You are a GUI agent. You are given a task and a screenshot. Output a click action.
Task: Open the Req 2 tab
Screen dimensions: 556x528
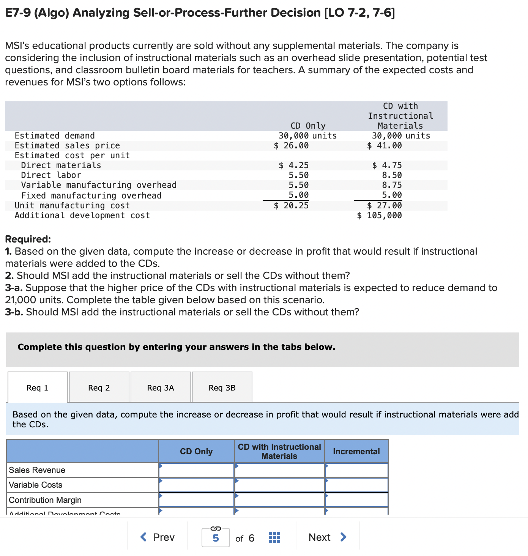point(99,387)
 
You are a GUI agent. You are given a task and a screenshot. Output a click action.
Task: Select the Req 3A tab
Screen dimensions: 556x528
point(161,387)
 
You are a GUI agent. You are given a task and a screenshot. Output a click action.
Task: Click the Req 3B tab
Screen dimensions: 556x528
point(222,387)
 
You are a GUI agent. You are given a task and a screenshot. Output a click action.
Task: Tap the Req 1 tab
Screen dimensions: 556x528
point(38,387)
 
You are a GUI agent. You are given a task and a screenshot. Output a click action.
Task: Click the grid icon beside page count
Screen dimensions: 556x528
point(274,538)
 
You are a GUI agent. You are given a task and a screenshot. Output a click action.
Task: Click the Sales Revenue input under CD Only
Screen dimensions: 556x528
point(196,470)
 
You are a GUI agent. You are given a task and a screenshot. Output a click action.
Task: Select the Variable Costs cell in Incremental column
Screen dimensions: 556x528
point(356,485)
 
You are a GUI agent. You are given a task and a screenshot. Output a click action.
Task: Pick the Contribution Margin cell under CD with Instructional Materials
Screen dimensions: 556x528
point(279,500)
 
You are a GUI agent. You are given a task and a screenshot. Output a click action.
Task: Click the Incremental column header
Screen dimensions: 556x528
point(356,451)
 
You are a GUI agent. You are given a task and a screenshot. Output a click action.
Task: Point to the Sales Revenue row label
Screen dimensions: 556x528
point(37,470)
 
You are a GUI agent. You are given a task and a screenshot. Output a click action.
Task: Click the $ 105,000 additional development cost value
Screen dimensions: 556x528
point(379,216)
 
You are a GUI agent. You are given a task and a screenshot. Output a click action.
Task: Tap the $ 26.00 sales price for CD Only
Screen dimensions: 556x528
point(291,146)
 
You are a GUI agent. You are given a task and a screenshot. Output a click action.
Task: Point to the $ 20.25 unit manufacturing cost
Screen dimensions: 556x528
point(291,206)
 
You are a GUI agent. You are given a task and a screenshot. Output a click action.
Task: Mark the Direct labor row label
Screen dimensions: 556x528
point(51,175)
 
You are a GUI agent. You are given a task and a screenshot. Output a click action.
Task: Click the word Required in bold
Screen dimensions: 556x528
point(28,239)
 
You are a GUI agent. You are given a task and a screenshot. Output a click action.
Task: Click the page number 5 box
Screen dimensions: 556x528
point(216,538)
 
